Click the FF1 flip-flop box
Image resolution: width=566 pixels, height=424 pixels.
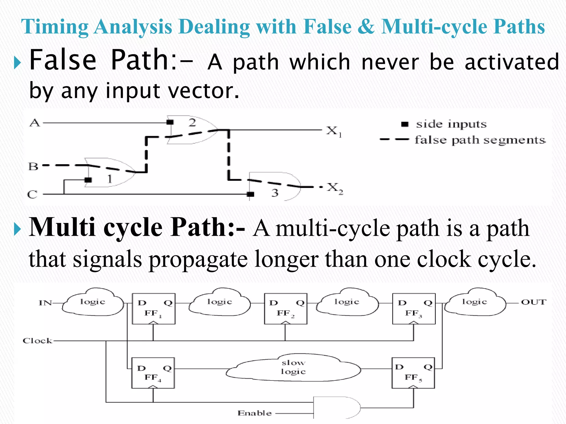click(x=153, y=309)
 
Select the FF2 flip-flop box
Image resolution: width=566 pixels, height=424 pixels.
click(x=285, y=309)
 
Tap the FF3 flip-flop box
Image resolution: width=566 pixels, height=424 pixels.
click(x=414, y=309)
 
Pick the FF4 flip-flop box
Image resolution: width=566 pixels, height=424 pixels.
click(x=153, y=373)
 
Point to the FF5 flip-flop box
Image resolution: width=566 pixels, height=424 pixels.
click(x=413, y=373)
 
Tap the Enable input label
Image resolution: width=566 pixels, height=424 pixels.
click(x=255, y=413)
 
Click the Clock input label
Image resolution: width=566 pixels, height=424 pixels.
click(x=37, y=341)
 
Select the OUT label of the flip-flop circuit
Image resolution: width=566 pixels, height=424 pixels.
click(x=533, y=302)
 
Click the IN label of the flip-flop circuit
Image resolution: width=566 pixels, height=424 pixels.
click(x=45, y=303)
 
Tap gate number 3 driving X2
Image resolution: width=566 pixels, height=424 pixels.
click(x=274, y=186)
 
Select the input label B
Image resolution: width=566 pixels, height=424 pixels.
click(x=33, y=166)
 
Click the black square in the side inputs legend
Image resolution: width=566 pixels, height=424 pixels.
click(x=405, y=124)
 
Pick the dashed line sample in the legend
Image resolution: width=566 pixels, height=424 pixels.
click(x=394, y=139)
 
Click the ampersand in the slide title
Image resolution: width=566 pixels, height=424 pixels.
click(x=366, y=27)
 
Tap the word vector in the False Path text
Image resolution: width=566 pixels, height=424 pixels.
click(x=203, y=91)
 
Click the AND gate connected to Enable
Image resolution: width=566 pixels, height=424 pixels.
click(x=336, y=408)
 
